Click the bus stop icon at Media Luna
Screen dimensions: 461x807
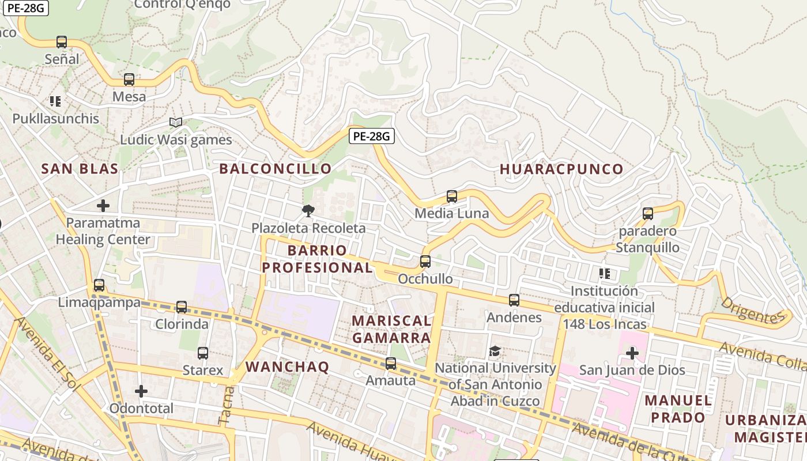click(x=452, y=197)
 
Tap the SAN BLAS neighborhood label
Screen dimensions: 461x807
click(x=80, y=169)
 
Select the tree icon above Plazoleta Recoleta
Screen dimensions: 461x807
click(x=308, y=211)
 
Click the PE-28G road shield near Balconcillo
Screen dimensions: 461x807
click(x=372, y=136)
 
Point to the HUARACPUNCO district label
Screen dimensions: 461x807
click(x=561, y=169)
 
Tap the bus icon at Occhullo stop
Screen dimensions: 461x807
click(x=425, y=262)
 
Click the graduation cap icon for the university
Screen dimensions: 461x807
click(x=495, y=351)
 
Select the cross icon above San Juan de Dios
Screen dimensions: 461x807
click(x=632, y=353)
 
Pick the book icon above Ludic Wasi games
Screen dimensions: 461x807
click(x=176, y=122)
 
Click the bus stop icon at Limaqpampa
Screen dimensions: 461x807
click(x=99, y=285)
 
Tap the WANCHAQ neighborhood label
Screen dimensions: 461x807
click(x=287, y=367)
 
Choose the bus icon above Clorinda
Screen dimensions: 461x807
click(x=182, y=307)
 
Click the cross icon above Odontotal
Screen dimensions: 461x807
click(x=141, y=392)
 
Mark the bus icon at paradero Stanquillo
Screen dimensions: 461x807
click(x=648, y=214)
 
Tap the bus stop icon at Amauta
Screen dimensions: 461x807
click(x=391, y=364)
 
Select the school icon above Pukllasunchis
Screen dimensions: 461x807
click(x=55, y=101)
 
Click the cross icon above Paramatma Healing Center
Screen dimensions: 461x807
click(x=103, y=206)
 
